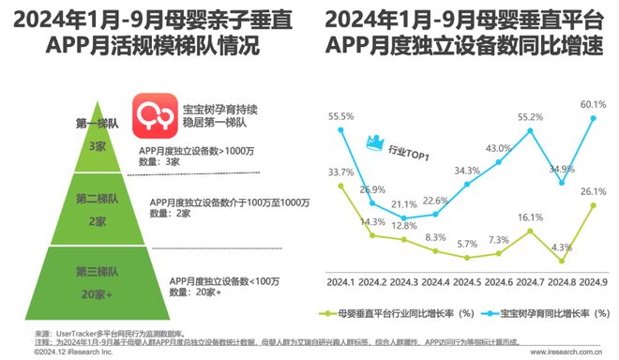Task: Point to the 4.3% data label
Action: coord(562,247)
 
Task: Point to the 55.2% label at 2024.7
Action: coord(531,117)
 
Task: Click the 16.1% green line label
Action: coord(531,216)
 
